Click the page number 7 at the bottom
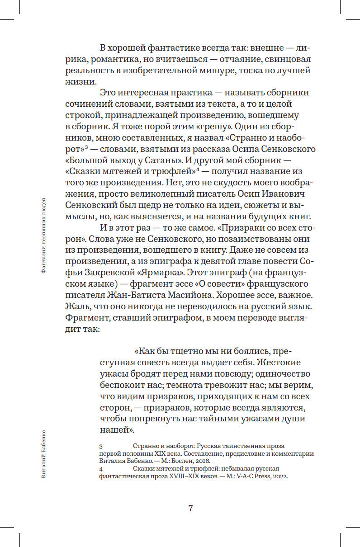[190, 508]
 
